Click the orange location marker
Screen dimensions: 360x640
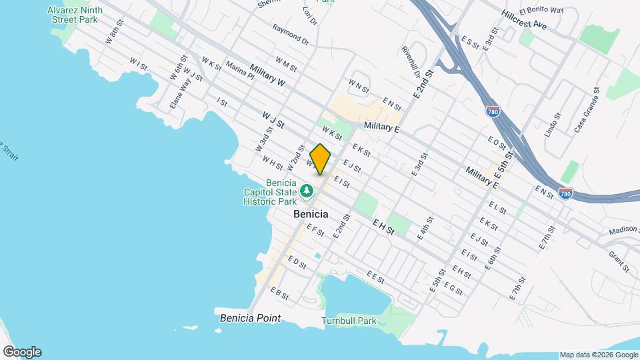(x=320, y=159)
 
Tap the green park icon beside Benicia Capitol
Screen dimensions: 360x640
(x=307, y=191)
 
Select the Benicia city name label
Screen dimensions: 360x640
(x=311, y=214)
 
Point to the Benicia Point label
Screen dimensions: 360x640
(x=250, y=318)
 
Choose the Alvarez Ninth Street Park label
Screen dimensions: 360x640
(x=74, y=15)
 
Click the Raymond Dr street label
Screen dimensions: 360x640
(x=291, y=35)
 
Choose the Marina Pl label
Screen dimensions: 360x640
(x=240, y=71)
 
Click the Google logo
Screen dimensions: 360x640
(x=21, y=352)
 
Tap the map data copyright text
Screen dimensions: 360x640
(x=598, y=355)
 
